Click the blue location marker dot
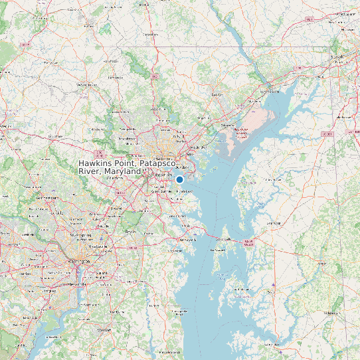tap(179, 179)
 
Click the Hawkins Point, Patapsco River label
tap(127, 167)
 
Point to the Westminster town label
tap(87, 85)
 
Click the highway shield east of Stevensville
tap(249, 242)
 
